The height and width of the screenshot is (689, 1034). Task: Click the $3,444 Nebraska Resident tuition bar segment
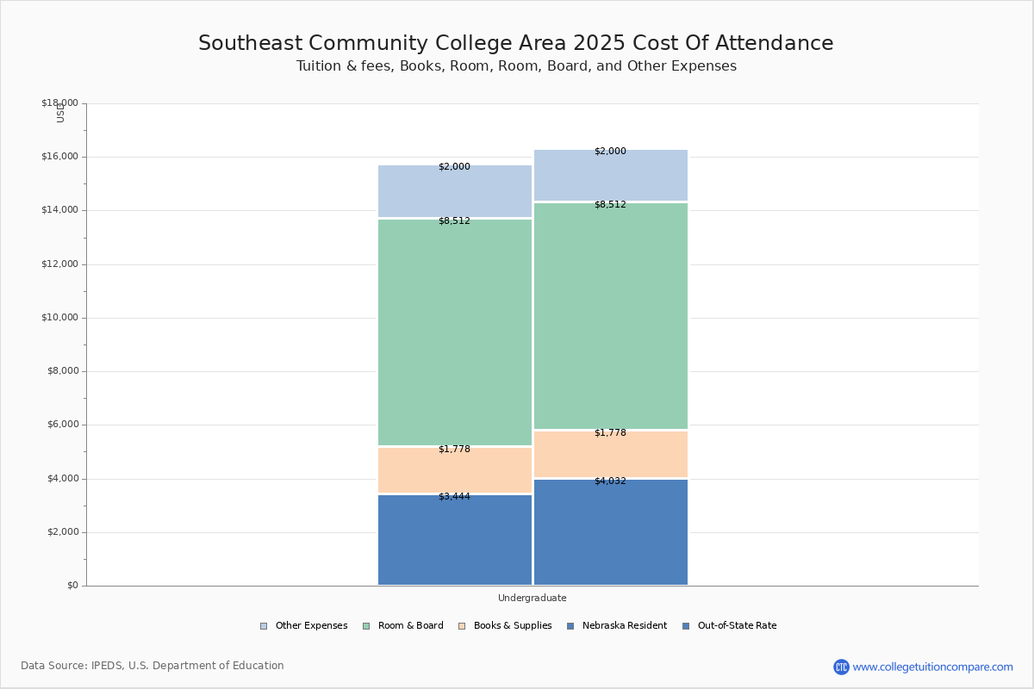pyautogui.click(x=455, y=543)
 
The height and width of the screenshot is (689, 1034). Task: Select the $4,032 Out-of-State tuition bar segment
pyautogui.click(x=611, y=534)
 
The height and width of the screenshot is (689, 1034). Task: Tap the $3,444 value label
pyautogui.click(x=454, y=497)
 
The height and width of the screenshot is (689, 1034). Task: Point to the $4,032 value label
pyautogui.click(x=610, y=481)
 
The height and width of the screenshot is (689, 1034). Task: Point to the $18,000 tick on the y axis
pyautogui.click(x=59, y=103)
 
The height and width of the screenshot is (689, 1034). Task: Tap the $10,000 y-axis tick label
pyautogui.click(x=59, y=318)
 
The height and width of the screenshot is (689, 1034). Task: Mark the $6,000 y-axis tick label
pyautogui.click(x=62, y=425)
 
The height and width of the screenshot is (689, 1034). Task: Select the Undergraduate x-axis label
pyautogui.click(x=533, y=598)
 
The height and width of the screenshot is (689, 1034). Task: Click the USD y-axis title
pyautogui.click(x=60, y=114)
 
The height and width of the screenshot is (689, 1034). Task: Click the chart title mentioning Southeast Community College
pyautogui.click(x=516, y=44)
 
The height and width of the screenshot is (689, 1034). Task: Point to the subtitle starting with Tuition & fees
pyautogui.click(x=516, y=66)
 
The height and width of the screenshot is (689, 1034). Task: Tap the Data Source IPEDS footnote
pyautogui.click(x=153, y=666)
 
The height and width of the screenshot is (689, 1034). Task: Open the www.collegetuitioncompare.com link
pyautogui.click(x=932, y=667)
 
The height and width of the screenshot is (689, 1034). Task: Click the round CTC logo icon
pyautogui.click(x=841, y=667)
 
